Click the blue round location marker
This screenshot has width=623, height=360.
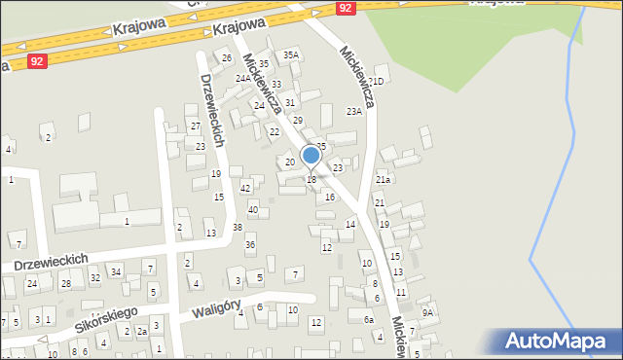311,155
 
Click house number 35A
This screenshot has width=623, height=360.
291,55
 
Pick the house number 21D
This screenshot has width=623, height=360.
380,81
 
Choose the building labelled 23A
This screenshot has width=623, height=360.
354,112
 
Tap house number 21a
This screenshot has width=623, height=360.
384,180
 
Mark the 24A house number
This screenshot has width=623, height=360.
242,78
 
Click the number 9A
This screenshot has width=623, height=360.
427,312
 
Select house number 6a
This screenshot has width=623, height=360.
369,320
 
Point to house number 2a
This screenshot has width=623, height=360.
141,332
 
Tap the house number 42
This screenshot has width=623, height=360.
245,188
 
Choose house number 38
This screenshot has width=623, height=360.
238,227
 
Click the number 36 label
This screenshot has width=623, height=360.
250,244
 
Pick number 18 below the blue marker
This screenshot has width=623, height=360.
311,179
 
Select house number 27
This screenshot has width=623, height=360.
195,126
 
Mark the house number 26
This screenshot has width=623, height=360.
227,58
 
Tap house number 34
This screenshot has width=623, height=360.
116,270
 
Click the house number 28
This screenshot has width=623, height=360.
66,283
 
